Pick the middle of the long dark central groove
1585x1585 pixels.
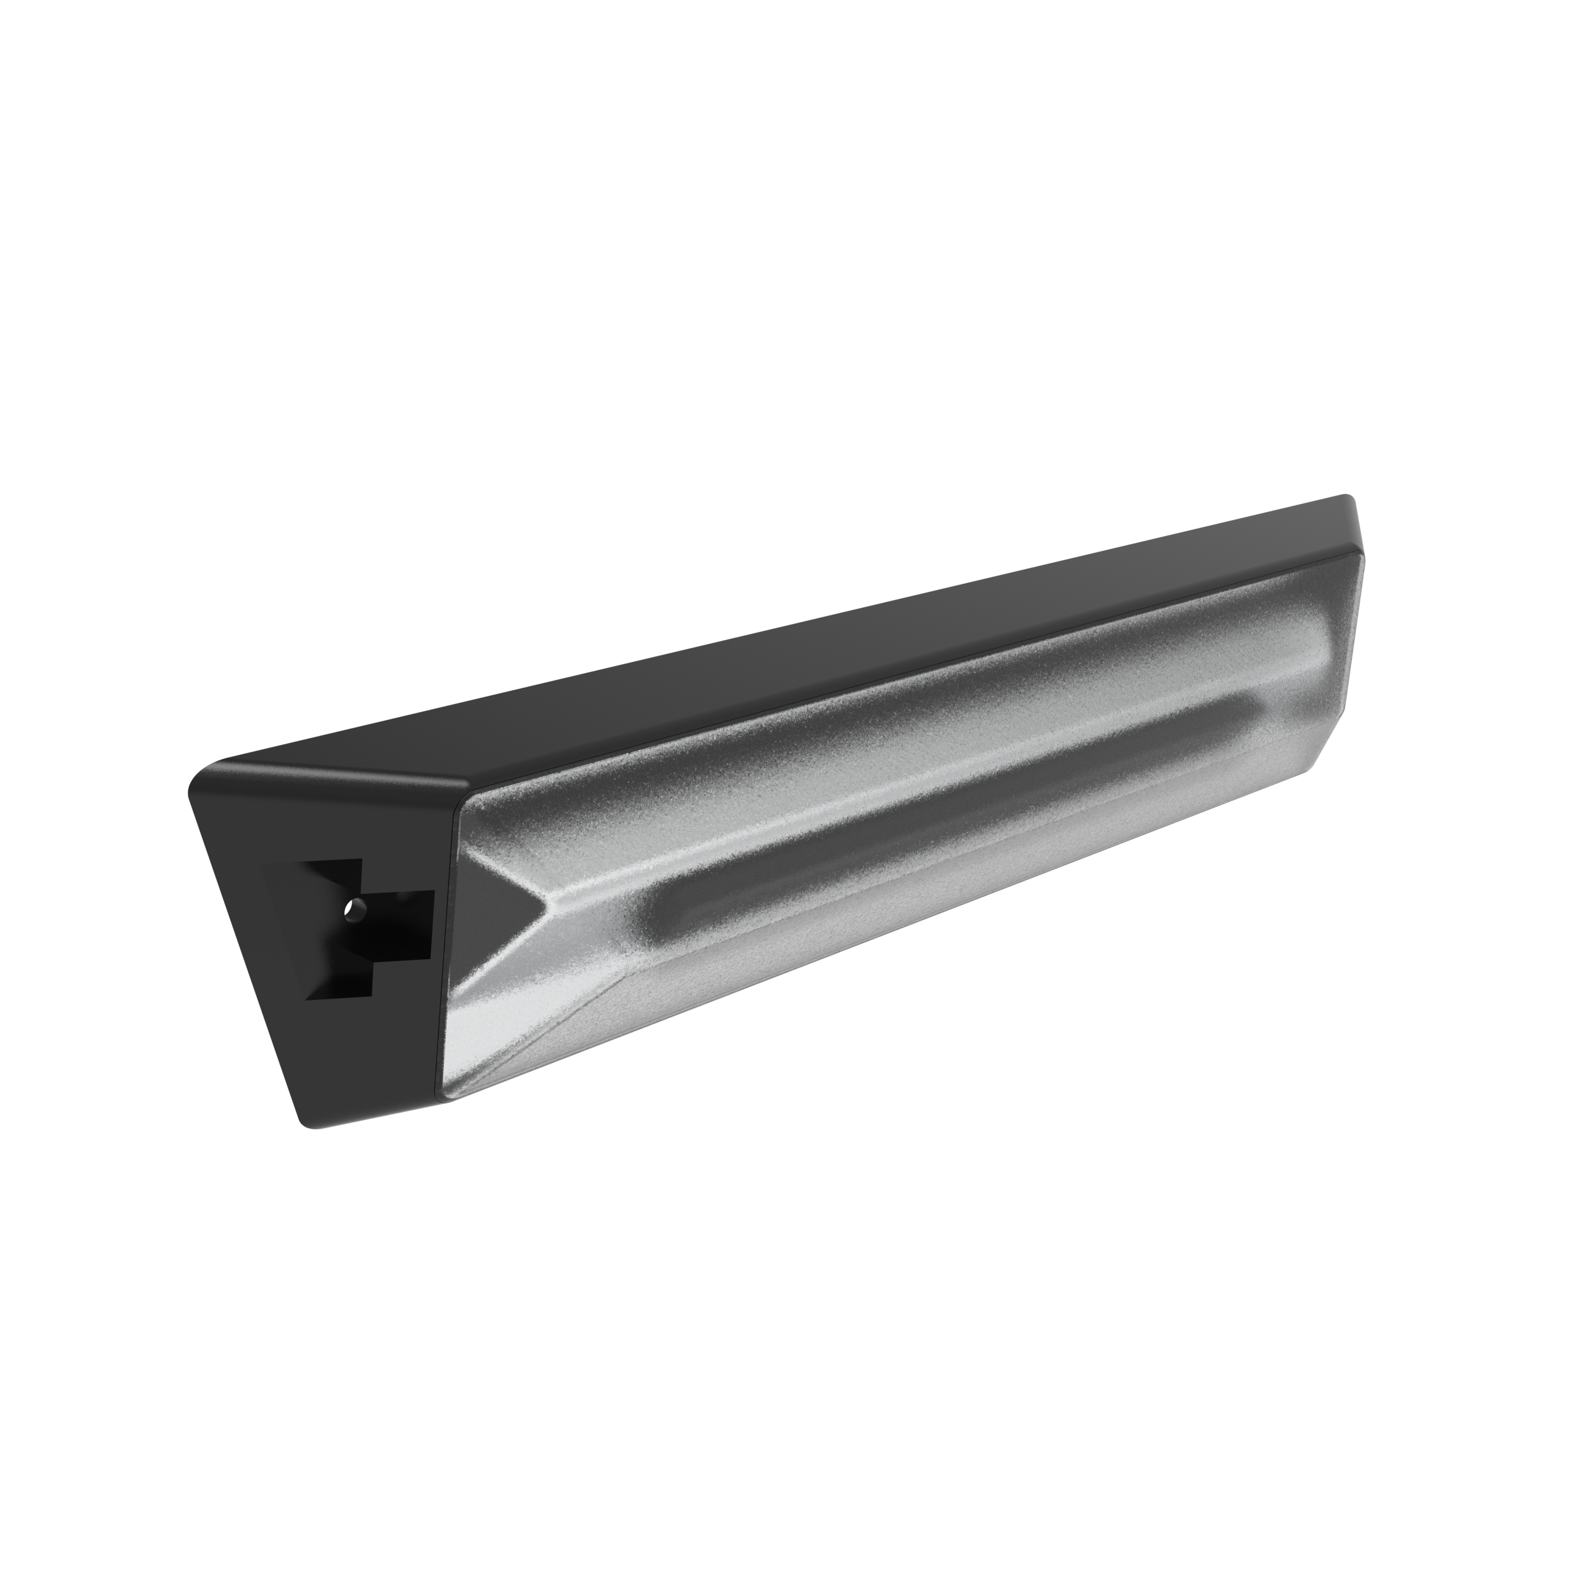click(952, 812)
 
